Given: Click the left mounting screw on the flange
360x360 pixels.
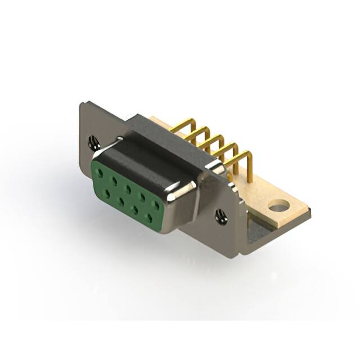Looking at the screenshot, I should [x=94, y=142].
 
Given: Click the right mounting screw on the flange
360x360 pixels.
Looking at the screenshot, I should [x=221, y=216].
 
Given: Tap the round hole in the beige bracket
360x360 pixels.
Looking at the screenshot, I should [x=277, y=207].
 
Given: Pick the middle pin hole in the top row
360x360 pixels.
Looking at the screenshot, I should [x=128, y=187].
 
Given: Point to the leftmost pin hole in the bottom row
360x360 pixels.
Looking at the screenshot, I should [x=107, y=193].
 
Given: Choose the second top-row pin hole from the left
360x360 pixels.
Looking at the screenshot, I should [x=115, y=179].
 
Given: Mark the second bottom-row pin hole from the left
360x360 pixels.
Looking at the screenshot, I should [x=120, y=200].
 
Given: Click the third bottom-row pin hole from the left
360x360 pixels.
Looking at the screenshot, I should [x=135, y=209].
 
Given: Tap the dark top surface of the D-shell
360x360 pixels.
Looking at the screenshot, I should [x=149, y=160].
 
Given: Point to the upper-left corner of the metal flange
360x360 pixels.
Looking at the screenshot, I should [x=83, y=103].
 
